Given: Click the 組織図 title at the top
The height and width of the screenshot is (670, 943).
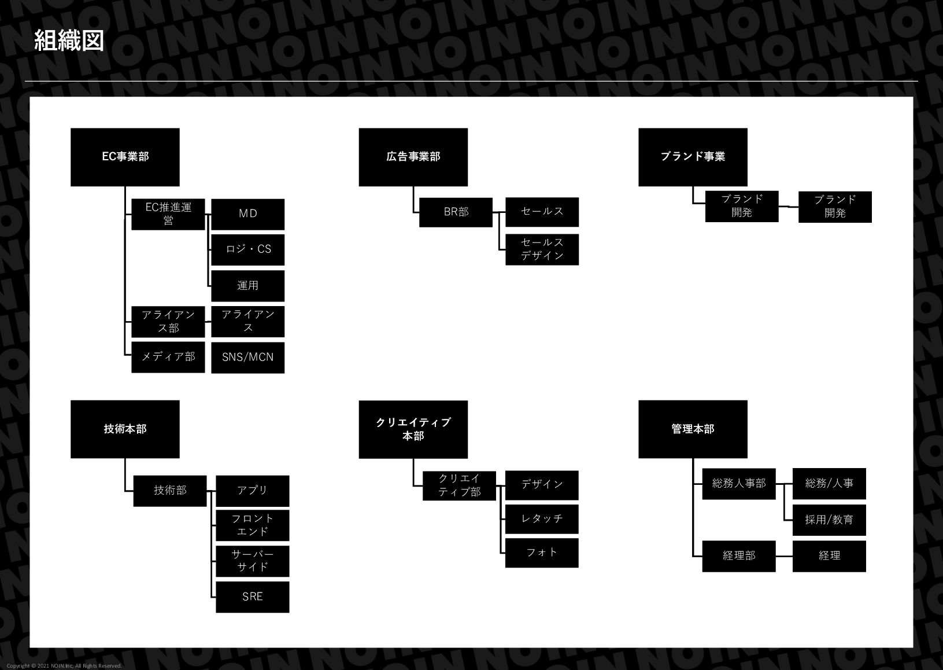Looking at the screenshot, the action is tap(69, 41).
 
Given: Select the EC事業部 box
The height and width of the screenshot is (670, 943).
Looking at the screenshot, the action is tap(125, 157).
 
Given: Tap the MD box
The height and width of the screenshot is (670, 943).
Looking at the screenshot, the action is tap(247, 214).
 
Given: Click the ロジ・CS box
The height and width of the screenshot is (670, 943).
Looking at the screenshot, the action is tap(247, 249).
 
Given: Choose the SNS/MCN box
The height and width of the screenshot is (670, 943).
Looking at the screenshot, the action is tap(247, 358).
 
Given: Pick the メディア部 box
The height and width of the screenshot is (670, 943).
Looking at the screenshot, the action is tap(168, 357).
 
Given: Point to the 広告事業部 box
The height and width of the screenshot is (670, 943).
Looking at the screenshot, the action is tap(413, 157).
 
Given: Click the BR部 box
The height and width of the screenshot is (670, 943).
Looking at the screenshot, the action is tap(456, 212).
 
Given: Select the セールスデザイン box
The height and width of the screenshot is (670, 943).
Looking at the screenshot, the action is tap(542, 249).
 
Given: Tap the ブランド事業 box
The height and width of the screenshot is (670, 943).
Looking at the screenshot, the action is tap(693, 157).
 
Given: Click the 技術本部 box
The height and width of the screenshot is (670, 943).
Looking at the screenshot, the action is tap(125, 429).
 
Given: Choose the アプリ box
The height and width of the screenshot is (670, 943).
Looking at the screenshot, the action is tap(252, 491).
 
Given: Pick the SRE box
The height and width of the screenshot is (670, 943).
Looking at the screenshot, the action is tap(252, 597).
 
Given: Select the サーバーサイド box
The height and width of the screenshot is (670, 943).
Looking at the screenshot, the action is tap(252, 561).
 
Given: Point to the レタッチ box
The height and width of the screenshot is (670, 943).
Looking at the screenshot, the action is tap(542, 519).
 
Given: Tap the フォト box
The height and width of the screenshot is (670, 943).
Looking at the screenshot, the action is tap(542, 553).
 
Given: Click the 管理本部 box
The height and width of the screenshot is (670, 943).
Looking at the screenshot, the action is tap(693, 429).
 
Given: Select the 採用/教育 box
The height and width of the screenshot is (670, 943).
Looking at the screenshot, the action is tap(829, 520).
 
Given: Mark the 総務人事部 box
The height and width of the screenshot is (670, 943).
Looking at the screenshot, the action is tap(738, 483).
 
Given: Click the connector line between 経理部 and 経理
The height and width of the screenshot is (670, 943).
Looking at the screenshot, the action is tap(784, 556).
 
